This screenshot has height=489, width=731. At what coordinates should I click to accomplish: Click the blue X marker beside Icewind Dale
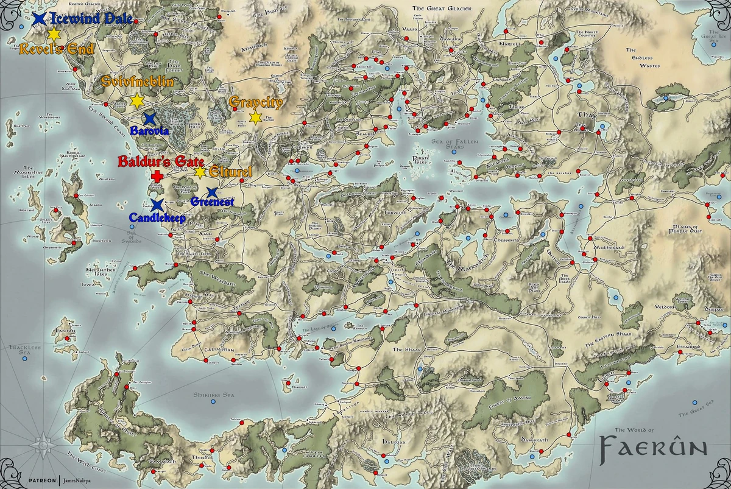(x=40, y=19)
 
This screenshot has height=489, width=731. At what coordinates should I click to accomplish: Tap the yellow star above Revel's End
(x=54, y=34)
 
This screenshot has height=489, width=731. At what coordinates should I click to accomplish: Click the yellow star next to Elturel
(x=200, y=172)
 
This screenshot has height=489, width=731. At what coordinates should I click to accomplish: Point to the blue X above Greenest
(x=212, y=192)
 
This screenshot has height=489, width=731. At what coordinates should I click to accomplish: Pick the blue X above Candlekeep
(x=157, y=205)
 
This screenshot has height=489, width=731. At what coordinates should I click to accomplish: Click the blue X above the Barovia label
(x=149, y=119)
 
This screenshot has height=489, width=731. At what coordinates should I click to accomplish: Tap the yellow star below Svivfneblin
(x=136, y=100)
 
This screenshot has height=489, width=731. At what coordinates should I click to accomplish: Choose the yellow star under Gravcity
(x=255, y=116)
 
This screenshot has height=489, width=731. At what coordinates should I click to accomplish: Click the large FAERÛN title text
(x=653, y=448)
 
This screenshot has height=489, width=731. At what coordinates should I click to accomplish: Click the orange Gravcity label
(x=256, y=102)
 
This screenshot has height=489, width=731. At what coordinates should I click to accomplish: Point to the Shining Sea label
(x=211, y=395)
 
